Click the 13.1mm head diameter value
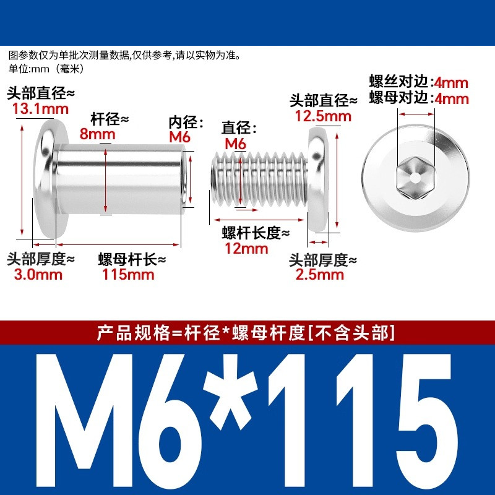pyautogui.click(x=40, y=109)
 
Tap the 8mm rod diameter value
pyautogui.click(x=97, y=134)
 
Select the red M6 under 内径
pyautogui.click(x=179, y=137)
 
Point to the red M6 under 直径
pyautogui.click(x=235, y=144)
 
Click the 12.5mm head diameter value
pyautogui.click(x=323, y=116)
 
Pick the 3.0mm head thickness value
pyautogui.click(x=38, y=274)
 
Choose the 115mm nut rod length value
pyautogui.click(x=128, y=274)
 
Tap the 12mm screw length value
pyautogui.click(x=246, y=248)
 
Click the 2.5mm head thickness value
pyautogui.click(x=319, y=274)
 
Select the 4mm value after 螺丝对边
pyautogui.click(x=451, y=83)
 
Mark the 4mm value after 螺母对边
pyautogui.click(x=452, y=99)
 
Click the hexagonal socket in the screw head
pyautogui.click(x=415, y=178)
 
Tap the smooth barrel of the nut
pyautogui.click(x=120, y=179)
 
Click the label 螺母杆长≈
pyautogui.click(x=132, y=259)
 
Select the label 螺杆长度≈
pyautogui.click(x=256, y=233)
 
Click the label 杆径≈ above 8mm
pyautogui.click(x=110, y=119)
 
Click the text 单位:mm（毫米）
pyautogui.click(x=47, y=69)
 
